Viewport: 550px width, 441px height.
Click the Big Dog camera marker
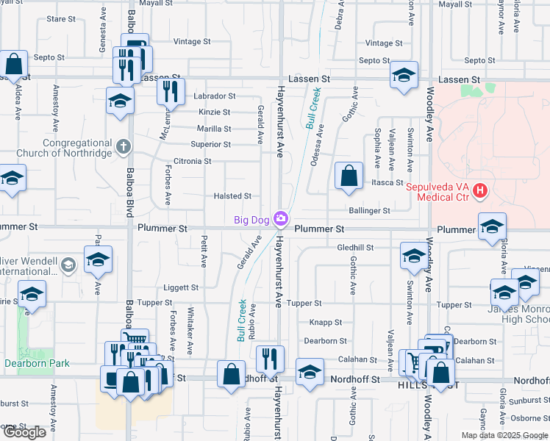point(280,219)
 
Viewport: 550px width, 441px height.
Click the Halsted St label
point(232,196)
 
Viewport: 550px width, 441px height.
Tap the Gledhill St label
point(355,248)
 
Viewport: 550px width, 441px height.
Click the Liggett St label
point(180,288)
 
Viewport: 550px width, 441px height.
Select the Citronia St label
point(192,161)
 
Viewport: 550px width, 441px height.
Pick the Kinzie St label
point(214,112)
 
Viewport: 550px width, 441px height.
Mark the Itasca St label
point(387,182)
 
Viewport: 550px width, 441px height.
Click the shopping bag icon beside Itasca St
point(349,176)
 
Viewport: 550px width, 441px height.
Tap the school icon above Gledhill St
point(491,226)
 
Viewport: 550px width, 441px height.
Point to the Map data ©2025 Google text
point(504,435)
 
